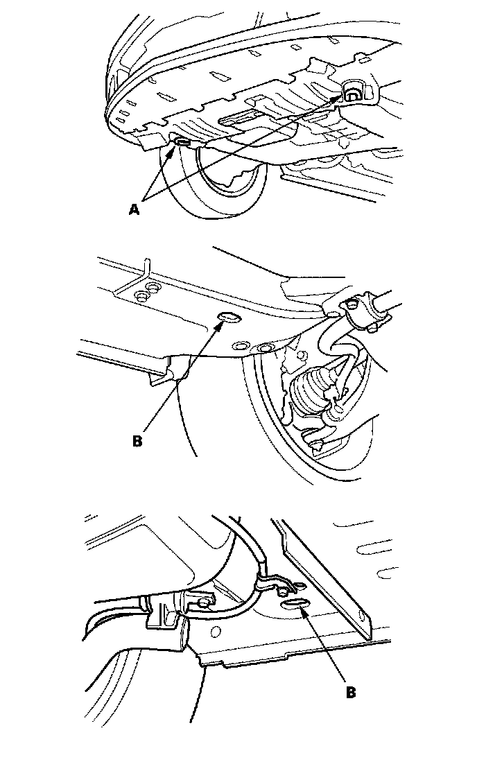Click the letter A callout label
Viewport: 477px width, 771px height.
[x=134, y=209]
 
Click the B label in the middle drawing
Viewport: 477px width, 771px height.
[x=137, y=440]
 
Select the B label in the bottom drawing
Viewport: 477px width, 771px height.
[x=350, y=693]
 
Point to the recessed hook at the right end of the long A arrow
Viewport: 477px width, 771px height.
[x=352, y=93]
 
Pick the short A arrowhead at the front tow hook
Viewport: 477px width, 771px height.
[x=172, y=150]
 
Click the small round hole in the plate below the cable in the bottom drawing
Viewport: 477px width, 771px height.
[x=214, y=630]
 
